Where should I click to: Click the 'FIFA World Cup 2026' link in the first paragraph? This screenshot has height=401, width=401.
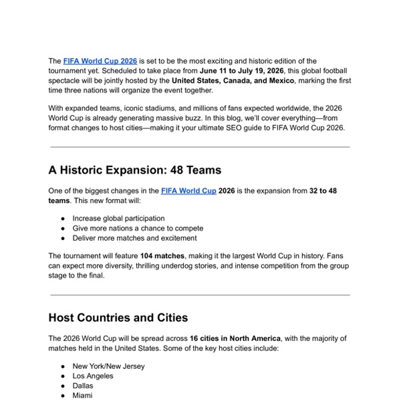click(x=100, y=61)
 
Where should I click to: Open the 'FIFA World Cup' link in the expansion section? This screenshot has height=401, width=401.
click(x=188, y=190)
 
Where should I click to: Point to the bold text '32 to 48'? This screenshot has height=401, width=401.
click(x=323, y=190)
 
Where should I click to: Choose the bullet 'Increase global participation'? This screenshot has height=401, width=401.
click(x=118, y=218)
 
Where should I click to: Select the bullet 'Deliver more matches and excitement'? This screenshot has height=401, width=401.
click(x=134, y=238)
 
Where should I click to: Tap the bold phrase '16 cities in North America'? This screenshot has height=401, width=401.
click(x=235, y=338)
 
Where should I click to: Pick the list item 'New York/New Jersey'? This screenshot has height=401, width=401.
click(x=108, y=366)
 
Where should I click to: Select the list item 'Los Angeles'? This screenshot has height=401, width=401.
click(x=93, y=376)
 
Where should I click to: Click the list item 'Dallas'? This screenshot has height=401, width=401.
click(x=83, y=386)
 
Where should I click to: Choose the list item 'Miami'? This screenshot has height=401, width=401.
click(x=83, y=396)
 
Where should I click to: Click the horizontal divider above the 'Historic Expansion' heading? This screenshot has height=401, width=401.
click(x=200, y=146)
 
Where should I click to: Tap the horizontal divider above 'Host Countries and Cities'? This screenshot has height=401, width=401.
click(x=200, y=294)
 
